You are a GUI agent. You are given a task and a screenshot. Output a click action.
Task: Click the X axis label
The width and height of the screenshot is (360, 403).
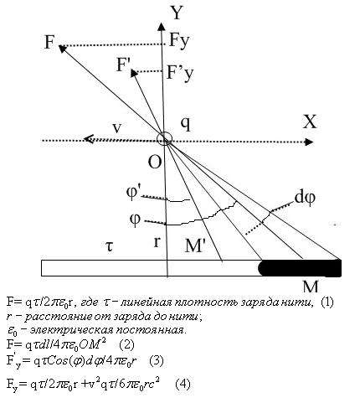click(x=310, y=121)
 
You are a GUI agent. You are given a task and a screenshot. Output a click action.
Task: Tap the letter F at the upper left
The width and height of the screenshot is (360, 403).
click(x=49, y=42)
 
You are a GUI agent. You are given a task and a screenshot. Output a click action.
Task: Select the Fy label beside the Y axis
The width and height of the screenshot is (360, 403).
click(x=179, y=41)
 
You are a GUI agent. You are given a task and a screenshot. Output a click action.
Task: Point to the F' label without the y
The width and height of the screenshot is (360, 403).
click(x=122, y=65)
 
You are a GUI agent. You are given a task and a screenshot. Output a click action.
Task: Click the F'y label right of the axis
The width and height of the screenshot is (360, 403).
click(x=179, y=73)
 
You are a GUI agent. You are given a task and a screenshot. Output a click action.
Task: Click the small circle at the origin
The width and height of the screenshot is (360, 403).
click(x=165, y=139)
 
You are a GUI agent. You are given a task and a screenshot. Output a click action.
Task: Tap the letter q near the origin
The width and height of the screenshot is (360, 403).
click(x=186, y=124)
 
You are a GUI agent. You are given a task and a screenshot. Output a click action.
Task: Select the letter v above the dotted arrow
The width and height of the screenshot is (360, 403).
click(x=117, y=128)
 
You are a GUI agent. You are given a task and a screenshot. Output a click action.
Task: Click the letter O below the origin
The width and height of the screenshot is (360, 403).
click(x=155, y=162)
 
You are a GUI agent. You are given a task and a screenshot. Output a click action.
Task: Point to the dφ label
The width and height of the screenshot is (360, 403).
click(x=305, y=198)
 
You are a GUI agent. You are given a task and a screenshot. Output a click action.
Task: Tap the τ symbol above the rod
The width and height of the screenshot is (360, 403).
click(x=110, y=246)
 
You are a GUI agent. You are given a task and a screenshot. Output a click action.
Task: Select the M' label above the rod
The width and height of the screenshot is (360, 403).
click(x=195, y=246)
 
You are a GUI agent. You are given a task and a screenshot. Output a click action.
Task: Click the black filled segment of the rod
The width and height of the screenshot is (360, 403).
click(x=300, y=268)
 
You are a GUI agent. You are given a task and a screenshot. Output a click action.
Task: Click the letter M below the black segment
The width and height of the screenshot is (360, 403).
click(x=311, y=286)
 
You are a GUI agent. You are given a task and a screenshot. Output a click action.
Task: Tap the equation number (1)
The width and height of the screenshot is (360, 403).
click(x=327, y=302)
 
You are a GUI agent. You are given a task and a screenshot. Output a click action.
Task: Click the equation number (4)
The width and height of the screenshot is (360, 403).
click(x=183, y=384)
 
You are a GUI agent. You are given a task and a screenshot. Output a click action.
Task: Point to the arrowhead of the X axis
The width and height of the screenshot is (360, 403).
click(x=308, y=142)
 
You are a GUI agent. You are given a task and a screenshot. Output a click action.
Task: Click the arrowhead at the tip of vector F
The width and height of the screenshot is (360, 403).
click(x=63, y=49)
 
